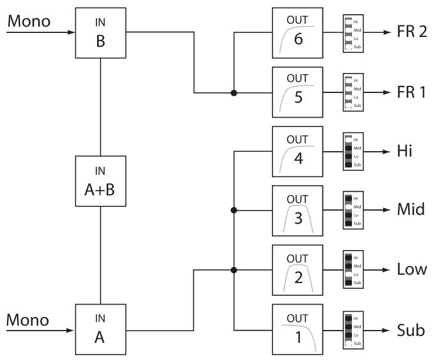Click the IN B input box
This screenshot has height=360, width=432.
point(101,32)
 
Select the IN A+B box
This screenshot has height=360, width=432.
point(101,181)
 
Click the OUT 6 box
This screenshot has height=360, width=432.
point(297,32)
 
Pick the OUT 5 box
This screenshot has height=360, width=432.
point(297,92)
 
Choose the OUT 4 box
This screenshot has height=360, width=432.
point(297,151)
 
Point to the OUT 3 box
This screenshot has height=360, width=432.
point(297,211)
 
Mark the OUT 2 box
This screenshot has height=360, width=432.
point(297,270)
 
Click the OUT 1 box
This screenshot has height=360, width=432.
point(297,329)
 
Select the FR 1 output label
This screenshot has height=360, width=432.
point(412,92)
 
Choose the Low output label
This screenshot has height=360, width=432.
point(411,270)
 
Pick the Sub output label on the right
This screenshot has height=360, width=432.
point(410,330)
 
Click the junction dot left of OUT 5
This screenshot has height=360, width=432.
point(234,93)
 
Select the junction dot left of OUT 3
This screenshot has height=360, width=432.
point(234,211)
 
